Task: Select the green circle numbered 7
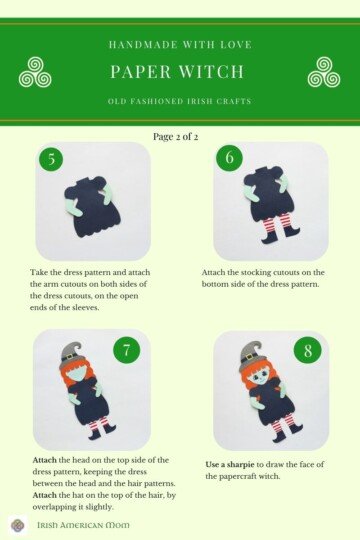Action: pyautogui.click(x=126, y=351)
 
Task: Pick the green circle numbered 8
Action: pyautogui.click(x=307, y=351)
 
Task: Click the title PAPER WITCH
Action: pyautogui.click(x=180, y=72)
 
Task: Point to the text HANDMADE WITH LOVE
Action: pyautogui.click(x=180, y=45)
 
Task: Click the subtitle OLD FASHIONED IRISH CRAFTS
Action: pyautogui.click(x=180, y=102)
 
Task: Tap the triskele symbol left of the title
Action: pyautogui.click(x=36, y=72)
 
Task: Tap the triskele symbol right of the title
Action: pyautogui.click(x=323, y=72)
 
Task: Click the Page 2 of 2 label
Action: pyautogui.click(x=180, y=135)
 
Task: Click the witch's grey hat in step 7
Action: pyautogui.click(x=71, y=352)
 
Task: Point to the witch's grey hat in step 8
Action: pyautogui.click(x=251, y=353)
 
